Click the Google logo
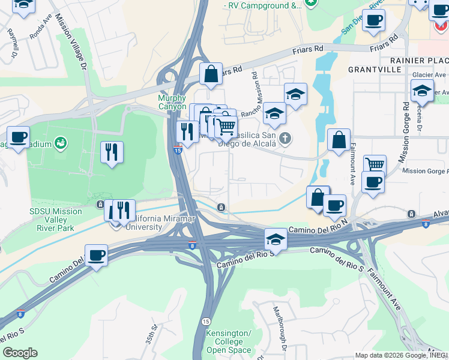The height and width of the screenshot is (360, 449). click(20, 353)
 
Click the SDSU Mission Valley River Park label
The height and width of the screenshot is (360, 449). click(56, 219)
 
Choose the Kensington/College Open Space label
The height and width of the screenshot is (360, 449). click(228, 341)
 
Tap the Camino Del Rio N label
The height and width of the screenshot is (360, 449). click(318, 230)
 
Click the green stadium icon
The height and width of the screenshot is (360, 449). click(61, 143)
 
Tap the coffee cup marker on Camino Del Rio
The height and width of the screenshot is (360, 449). click(96, 256)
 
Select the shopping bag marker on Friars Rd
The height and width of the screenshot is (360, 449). click(211, 74)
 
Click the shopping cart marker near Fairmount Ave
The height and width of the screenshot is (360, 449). click(374, 164)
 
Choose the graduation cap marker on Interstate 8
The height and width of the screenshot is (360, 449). click(276, 239)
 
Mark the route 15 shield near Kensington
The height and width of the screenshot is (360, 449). click(206, 322)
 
